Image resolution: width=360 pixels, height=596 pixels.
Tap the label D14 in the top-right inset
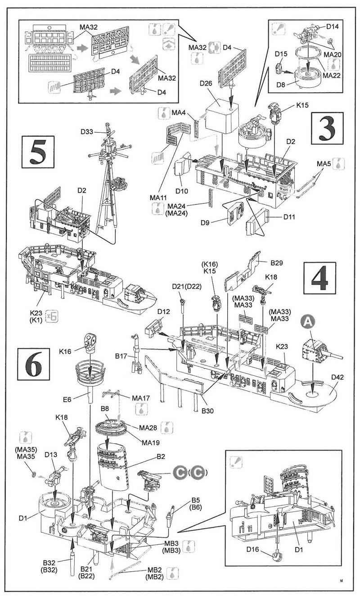(333, 27)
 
